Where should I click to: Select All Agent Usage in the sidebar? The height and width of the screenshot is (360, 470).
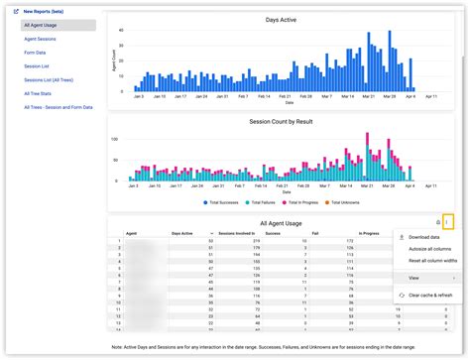point(46,25)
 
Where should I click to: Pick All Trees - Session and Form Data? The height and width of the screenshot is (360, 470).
point(58,107)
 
